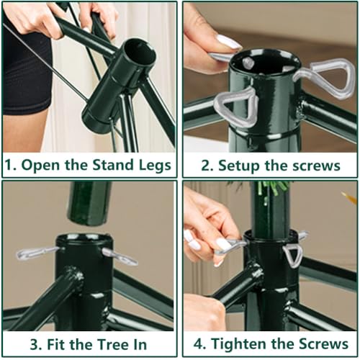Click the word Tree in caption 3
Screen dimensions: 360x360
coord(104,343)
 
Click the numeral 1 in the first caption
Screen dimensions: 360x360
coord(9,165)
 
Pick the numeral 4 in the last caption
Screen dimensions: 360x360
coord(191,343)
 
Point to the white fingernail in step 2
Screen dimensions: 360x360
coord(228,41)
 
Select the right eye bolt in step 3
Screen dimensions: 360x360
coord(119,256)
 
